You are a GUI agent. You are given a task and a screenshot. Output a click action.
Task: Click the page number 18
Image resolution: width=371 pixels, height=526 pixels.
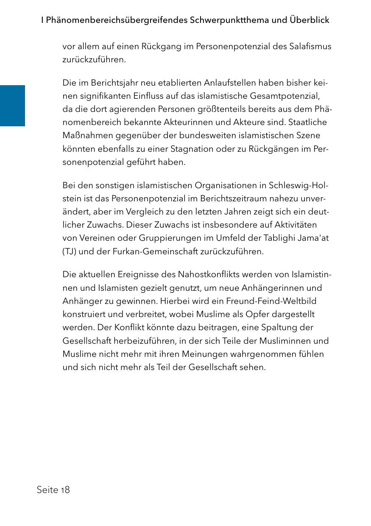65,490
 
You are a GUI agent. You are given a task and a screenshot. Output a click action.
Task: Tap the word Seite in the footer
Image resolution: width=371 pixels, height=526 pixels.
47,490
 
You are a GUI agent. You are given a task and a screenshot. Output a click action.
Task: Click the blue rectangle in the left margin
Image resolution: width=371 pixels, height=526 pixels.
12,106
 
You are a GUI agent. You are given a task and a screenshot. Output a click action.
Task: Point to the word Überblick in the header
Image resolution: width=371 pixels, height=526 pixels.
310,20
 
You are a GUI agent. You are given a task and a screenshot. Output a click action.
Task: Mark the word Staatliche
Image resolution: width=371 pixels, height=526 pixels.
307,122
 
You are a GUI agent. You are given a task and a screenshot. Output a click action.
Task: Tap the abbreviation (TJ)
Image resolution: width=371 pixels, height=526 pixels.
69,251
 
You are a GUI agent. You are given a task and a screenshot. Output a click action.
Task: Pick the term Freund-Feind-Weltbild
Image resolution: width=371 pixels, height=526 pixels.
271,301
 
